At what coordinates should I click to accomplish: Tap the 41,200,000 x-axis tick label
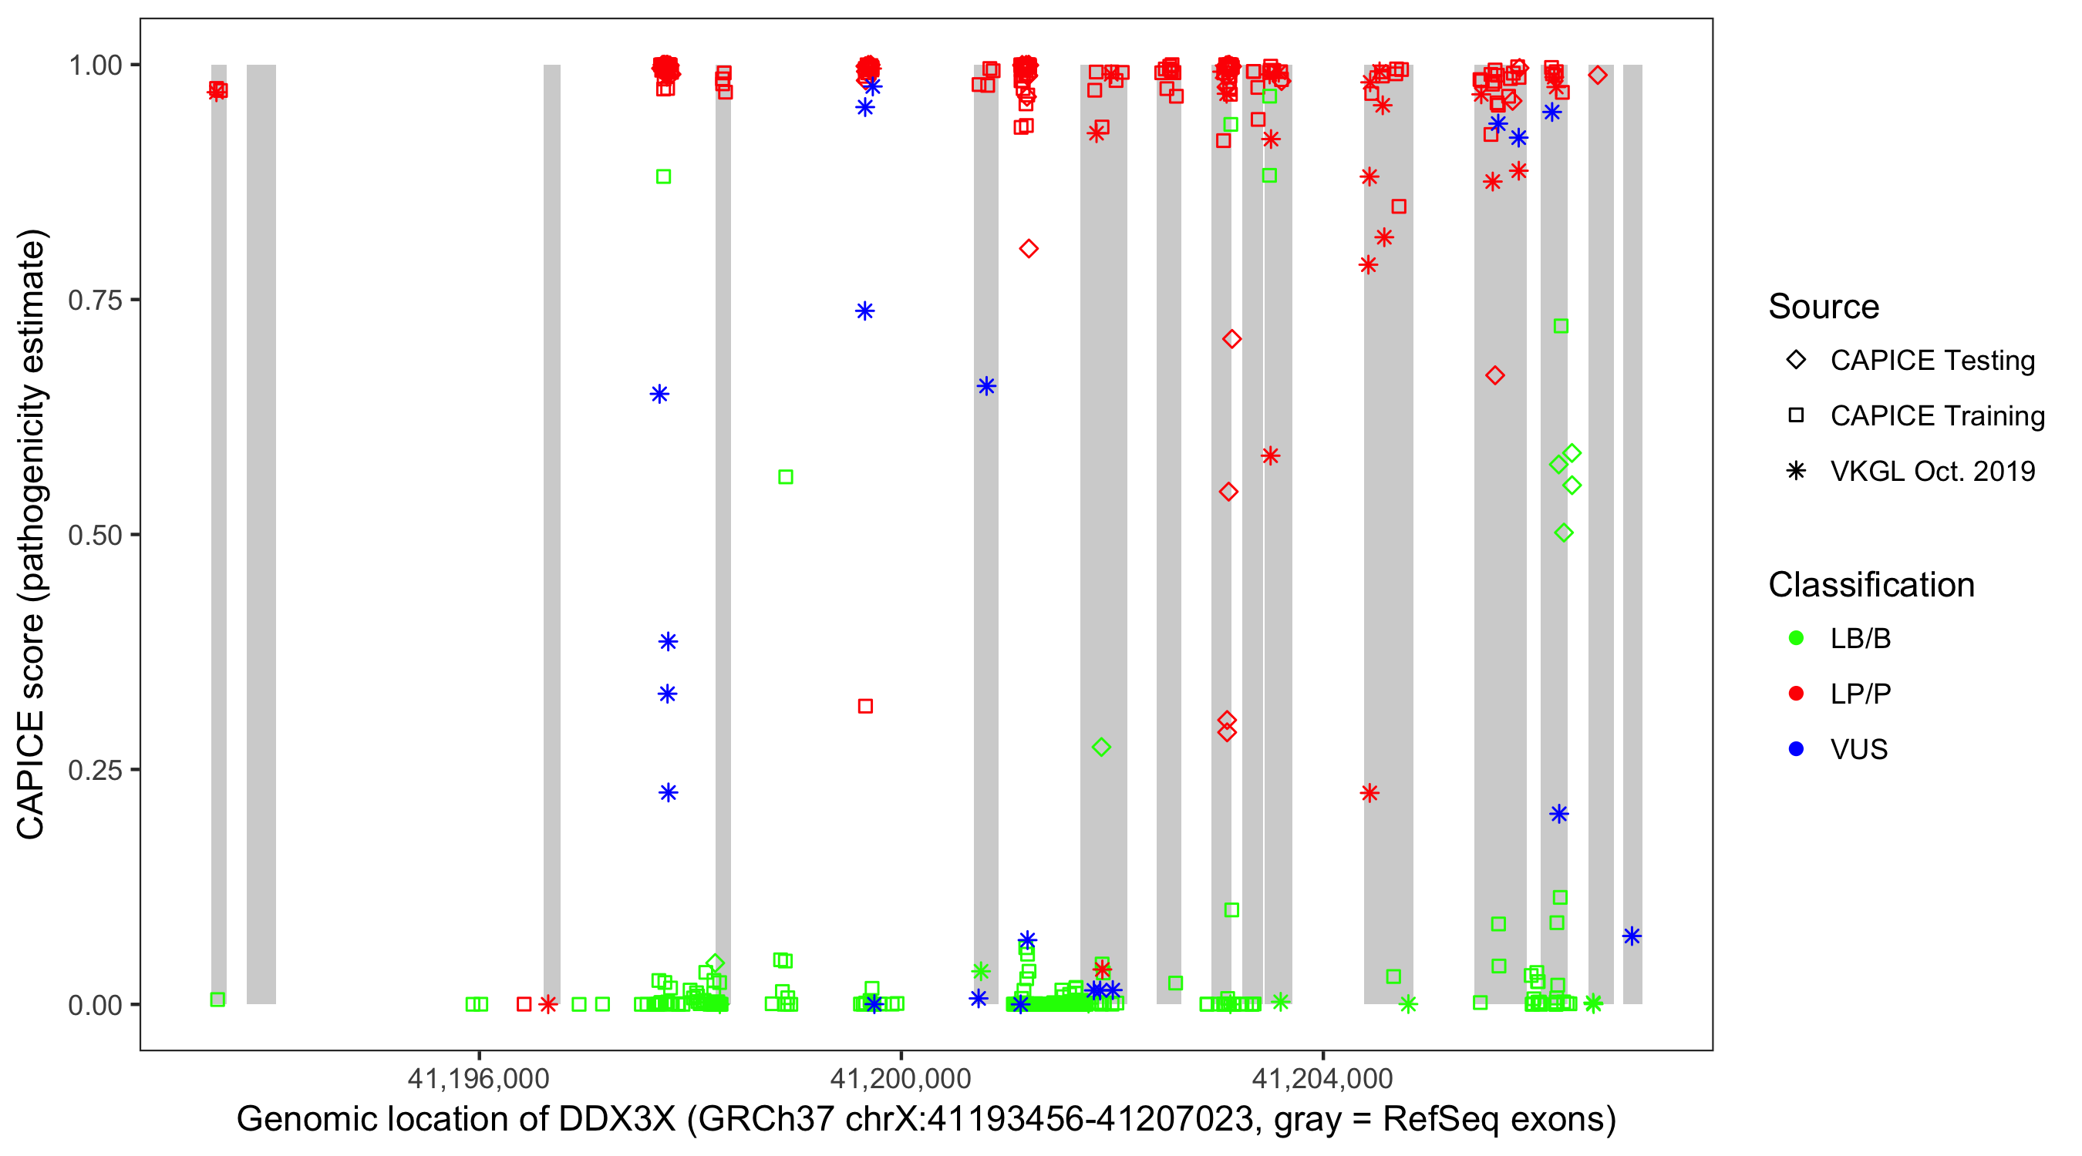901,1078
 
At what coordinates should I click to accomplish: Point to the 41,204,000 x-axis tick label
1322,1078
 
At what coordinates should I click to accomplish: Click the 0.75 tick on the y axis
94,301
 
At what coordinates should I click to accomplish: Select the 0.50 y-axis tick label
94,535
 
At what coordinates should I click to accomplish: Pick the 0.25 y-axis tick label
94,770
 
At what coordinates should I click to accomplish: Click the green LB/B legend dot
1796,638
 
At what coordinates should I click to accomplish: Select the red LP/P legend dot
1796,694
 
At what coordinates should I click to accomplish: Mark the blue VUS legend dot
1796,749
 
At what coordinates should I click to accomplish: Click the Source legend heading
1824,307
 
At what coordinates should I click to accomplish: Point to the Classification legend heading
1870,585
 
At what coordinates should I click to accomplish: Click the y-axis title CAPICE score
32,534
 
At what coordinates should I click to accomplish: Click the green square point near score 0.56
786,477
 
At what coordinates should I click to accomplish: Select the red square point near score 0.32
865,706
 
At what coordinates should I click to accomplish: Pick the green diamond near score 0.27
1101,748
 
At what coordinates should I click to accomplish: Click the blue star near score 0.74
865,311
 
